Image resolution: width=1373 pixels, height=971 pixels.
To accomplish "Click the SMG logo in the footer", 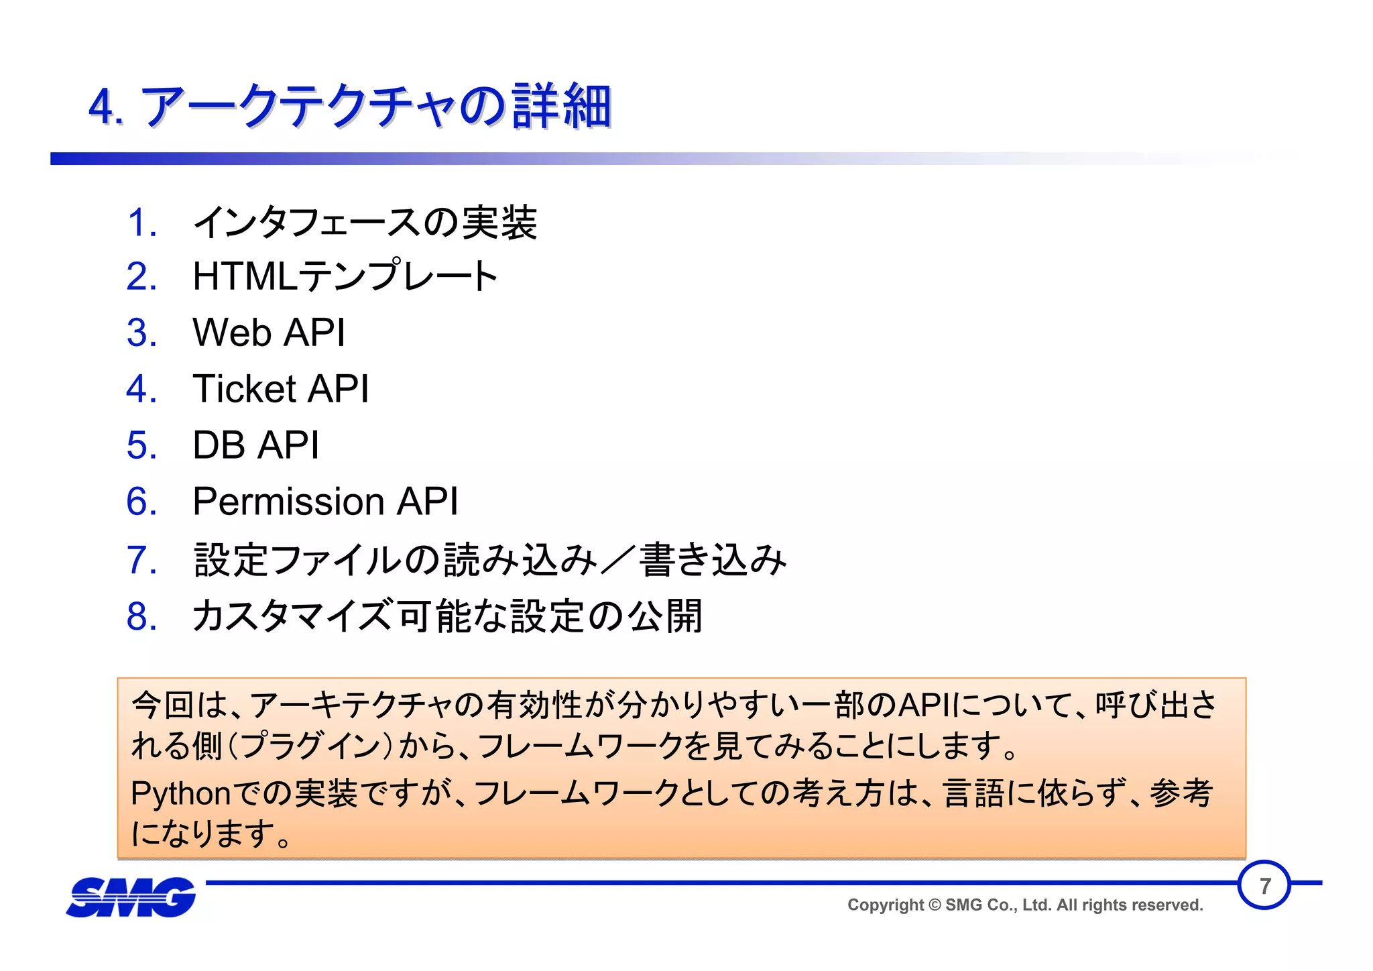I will click(x=131, y=897).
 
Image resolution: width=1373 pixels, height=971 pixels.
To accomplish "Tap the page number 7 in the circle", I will click(x=1264, y=886).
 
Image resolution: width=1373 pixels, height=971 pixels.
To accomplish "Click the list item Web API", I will click(x=269, y=333).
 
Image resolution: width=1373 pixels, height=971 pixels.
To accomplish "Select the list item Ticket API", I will click(x=280, y=389).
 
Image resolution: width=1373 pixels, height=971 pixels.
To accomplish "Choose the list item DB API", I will click(x=255, y=445).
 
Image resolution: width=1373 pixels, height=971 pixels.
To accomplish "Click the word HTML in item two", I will click(x=244, y=276).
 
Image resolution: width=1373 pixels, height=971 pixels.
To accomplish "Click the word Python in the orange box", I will click(x=181, y=794).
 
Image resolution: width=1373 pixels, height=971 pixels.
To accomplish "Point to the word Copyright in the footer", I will click(x=886, y=905).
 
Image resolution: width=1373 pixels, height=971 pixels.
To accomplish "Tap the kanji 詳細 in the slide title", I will click(x=562, y=107).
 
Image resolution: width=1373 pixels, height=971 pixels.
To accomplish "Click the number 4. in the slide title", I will click(x=106, y=107).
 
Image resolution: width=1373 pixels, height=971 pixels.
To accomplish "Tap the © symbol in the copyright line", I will click(x=935, y=905).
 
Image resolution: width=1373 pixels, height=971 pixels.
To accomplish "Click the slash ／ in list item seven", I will click(x=617, y=560).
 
